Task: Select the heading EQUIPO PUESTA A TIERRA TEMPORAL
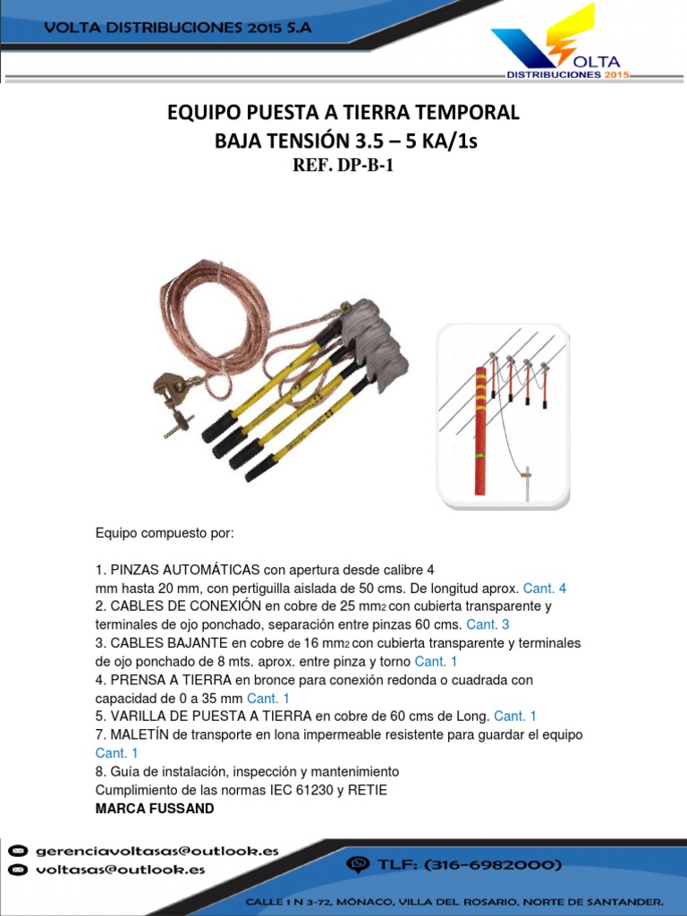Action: coord(343,113)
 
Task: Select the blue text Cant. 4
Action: coord(544,589)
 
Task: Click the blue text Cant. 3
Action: coord(488,624)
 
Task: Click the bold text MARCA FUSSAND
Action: coord(155,808)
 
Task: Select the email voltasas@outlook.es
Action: coord(120,869)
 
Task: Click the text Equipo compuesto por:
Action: coord(164,533)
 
